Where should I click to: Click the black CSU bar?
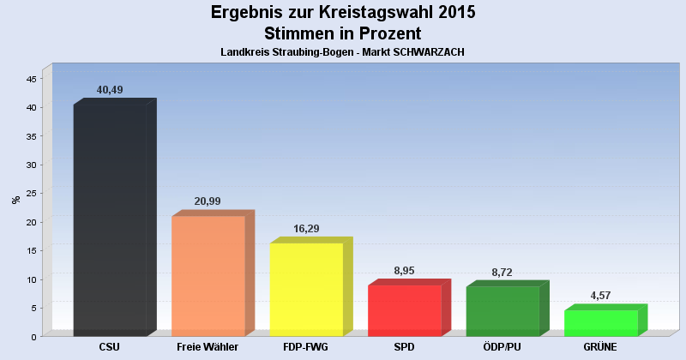tap(110, 220)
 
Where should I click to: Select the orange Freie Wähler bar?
tap(208, 276)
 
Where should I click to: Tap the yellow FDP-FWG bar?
tap(306, 290)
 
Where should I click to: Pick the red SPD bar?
tap(404, 310)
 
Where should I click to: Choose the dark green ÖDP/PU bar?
tap(502, 311)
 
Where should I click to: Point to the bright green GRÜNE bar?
tap(600, 323)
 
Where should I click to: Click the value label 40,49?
tap(110, 90)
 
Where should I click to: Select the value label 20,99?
tap(208, 201)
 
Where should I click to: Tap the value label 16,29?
tap(306, 229)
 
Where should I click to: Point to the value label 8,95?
tap(404, 271)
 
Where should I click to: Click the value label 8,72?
tap(502, 272)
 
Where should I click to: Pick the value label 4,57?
tap(600, 296)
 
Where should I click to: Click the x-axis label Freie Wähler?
tap(208, 347)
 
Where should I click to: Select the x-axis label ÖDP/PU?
tap(502, 347)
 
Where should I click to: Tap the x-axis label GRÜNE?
tap(600, 347)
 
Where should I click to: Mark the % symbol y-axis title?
tap(15, 200)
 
